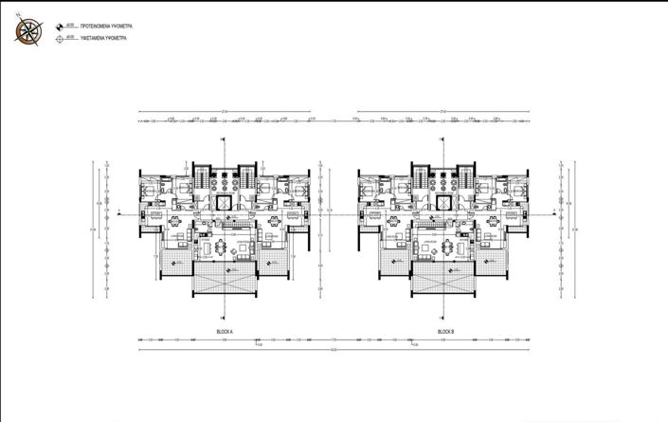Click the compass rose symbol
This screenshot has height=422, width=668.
[x=28, y=31]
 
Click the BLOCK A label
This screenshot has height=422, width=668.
[x=225, y=331]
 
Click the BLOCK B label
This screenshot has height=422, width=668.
[x=446, y=331]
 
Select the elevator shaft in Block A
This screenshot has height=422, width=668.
[x=225, y=203]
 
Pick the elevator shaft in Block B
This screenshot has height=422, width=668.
[x=445, y=203]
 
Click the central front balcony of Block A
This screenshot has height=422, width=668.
[x=225, y=279]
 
